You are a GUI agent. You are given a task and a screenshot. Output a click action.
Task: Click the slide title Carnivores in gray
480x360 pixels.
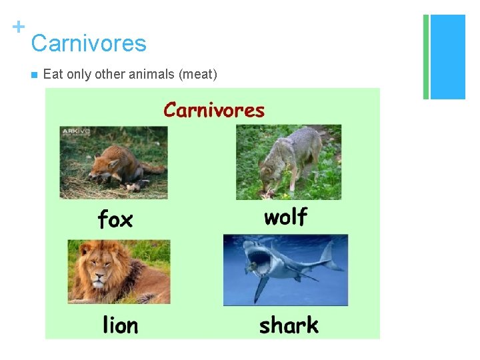88,43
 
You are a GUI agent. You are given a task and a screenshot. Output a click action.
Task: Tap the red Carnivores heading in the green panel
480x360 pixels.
214,110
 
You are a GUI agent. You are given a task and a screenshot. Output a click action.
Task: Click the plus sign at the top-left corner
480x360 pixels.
19,27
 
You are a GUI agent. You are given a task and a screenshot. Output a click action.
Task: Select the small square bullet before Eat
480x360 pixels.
33,75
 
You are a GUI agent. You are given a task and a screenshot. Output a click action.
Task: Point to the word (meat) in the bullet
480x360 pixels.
197,74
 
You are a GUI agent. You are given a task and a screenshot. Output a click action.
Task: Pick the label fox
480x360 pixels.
115,219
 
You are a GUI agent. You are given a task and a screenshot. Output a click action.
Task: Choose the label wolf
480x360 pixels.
285,217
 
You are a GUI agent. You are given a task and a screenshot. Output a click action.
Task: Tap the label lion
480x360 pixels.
120,325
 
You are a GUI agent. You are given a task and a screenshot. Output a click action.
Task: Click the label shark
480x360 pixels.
289,325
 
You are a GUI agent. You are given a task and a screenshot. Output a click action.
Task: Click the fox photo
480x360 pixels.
114,163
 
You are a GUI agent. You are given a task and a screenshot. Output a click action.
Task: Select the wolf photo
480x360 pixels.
288,162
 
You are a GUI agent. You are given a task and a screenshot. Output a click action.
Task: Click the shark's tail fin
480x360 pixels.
328,256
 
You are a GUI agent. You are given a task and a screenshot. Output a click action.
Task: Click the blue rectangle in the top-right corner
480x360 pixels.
447,57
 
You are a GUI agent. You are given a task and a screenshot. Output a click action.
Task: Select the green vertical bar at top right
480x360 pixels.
426,57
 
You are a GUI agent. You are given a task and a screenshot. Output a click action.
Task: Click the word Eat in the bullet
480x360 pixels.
51,74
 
